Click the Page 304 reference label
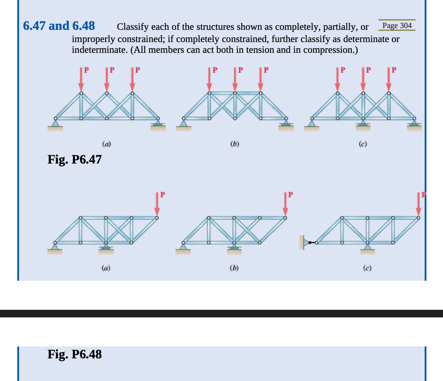(x=397, y=26)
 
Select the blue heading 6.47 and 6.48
(x=59, y=26)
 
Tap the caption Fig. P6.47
(x=75, y=159)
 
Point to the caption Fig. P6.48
(x=75, y=354)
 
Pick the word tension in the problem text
(x=263, y=50)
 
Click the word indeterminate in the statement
(x=99, y=50)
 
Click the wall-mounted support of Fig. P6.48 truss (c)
(x=303, y=243)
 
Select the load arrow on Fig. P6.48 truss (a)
(x=157, y=205)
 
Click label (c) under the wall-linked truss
(x=367, y=268)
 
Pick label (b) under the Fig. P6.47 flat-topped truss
(x=234, y=144)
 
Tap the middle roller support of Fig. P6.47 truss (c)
(x=363, y=124)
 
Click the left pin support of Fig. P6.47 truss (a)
(x=55, y=124)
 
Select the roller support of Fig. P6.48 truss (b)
(x=234, y=248)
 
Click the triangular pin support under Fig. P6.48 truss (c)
(x=367, y=247)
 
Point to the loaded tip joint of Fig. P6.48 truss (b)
(x=285, y=217)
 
